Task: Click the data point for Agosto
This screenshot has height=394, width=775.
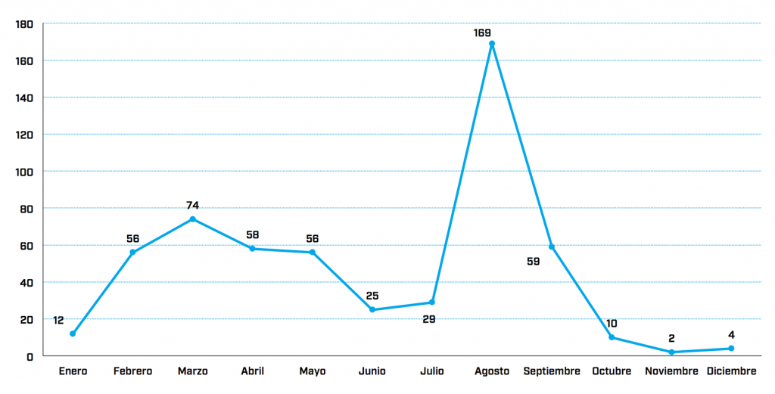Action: point(492,44)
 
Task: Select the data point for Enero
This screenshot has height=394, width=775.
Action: point(73,334)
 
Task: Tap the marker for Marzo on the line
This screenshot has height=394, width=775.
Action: point(192,219)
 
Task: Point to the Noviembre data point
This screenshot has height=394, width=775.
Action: point(671,352)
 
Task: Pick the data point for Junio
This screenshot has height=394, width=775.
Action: point(372,309)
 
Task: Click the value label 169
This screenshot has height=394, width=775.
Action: point(482,33)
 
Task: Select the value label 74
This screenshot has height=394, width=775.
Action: point(193,205)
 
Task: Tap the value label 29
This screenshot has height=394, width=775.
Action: point(429,320)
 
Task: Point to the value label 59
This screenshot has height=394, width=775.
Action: point(534,262)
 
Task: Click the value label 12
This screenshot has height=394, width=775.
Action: point(58,321)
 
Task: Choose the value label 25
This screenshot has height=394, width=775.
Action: point(372,296)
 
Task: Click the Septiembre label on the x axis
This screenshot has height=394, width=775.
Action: point(552,371)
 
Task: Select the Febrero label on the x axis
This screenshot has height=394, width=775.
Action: point(132,371)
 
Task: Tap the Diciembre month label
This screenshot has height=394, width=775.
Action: point(731,371)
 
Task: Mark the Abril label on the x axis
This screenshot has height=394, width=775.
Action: point(252,371)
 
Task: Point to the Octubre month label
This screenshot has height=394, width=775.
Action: point(612,371)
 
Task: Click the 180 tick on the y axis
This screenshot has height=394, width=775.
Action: point(24,24)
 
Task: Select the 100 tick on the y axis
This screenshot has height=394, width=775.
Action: point(24,172)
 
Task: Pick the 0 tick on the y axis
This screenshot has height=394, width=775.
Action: point(30,356)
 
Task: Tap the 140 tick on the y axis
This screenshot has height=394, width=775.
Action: point(24,98)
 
